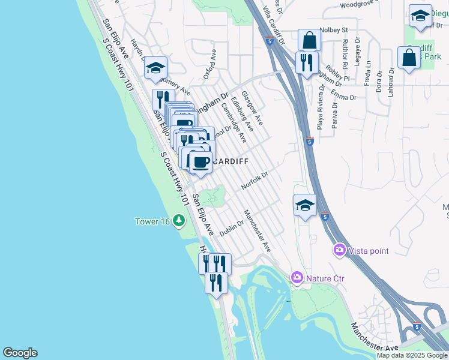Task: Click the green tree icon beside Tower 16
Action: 178,221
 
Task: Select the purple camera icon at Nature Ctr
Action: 297,278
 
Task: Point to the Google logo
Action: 20,353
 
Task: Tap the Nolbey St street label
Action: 334,29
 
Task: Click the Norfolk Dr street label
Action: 254,181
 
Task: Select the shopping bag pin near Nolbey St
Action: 310,40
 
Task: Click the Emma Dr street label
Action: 344,97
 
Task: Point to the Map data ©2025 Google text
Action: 412,355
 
